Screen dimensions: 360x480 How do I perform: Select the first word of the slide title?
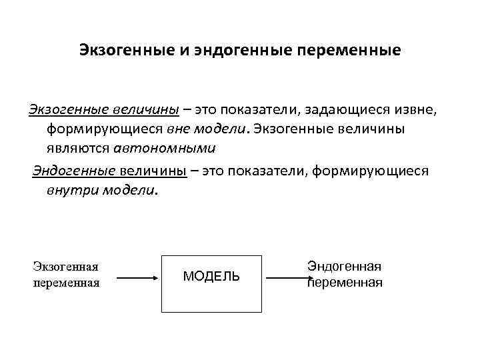(x=127, y=50)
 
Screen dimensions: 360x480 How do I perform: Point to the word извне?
(x=414, y=109)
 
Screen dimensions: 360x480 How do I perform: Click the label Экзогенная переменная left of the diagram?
(x=66, y=275)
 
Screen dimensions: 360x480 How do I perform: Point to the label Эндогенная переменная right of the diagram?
(x=345, y=274)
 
